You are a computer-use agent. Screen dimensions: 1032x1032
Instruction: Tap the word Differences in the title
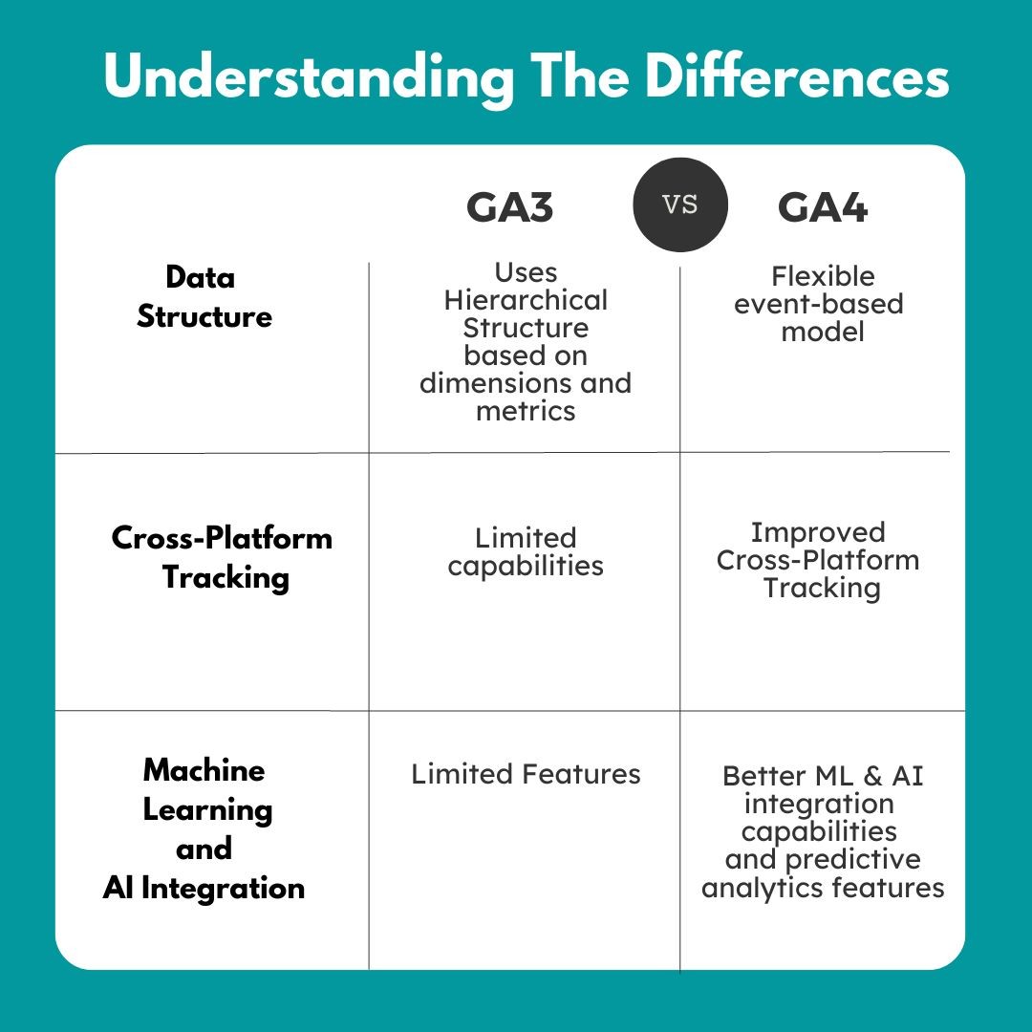pyautogui.click(x=797, y=76)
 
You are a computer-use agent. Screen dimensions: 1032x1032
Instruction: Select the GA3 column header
pyautogui.click(x=509, y=207)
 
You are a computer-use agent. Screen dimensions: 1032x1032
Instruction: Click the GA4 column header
pyautogui.click(x=822, y=207)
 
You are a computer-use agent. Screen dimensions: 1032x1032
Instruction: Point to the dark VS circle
pyautogui.click(x=680, y=204)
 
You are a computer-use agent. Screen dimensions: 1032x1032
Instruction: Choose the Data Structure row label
pyautogui.click(x=204, y=296)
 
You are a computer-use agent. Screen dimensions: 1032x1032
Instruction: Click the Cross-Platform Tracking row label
pyautogui.click(x=223, y=557)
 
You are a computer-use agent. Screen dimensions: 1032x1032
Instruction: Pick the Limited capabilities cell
pyautogui.click(x=526, y=551)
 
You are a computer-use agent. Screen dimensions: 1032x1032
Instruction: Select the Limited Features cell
pyautogui.click(x=526, y=773)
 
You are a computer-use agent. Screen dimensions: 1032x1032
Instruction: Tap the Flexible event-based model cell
pyautogui.click(x=823, y=304)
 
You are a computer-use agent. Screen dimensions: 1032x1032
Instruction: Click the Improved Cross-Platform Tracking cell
pyautogui.click(x=819, y=559)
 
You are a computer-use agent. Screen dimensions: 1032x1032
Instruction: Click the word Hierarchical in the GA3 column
pyautogui.click(x=526, y=300)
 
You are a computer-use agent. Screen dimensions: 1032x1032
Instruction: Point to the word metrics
pyautogui.click(x=526, y=411)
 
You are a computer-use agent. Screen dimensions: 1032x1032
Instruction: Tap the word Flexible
pyautogui.click(x=823, y=276)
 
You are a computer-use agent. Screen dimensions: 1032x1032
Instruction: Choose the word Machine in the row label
pyautogui.click(x=204, y=770)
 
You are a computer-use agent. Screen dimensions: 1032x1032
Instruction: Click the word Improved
pyautogui.click(x=817, y=531)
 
